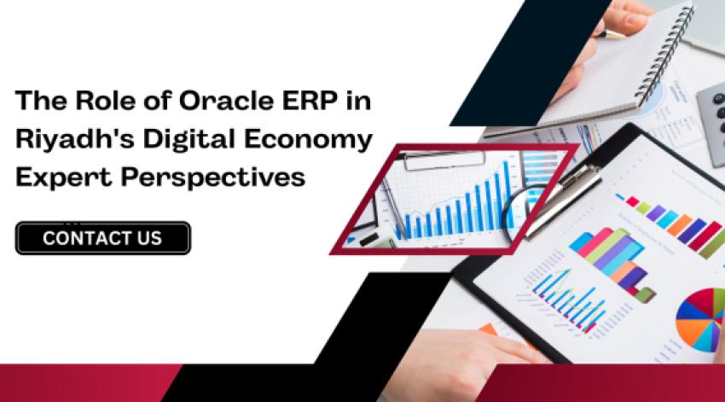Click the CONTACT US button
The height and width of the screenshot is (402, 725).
tap(102, 238)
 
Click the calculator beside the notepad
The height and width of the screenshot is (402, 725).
tap(711, 119)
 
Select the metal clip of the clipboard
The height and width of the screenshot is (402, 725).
tap(567, 196)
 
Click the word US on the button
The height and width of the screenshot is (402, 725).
tap(146, 238)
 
